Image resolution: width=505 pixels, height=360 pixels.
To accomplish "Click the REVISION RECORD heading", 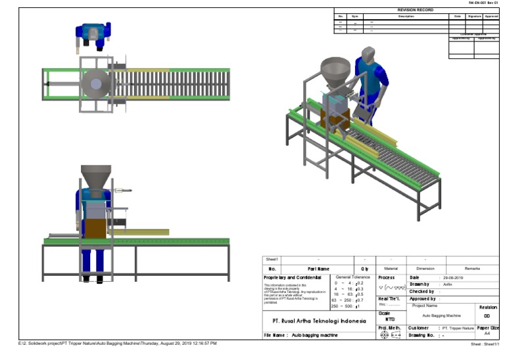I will pos(416,11).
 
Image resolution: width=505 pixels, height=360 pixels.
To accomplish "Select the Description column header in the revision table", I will pos(406,16).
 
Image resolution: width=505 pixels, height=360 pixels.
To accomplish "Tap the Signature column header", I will pos(474,16).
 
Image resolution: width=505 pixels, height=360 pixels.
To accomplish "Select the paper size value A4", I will pos(487,334).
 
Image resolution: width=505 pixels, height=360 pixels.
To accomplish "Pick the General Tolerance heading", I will pos(353,277).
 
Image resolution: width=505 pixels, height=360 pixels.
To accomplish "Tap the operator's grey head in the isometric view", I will pos(368,54).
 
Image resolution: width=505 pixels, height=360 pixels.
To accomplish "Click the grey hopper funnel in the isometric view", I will pos(335,68).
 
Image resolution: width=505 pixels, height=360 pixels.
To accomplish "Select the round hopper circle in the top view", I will pos(97,83).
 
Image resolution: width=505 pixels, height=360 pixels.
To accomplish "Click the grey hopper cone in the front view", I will pos(96,177).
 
